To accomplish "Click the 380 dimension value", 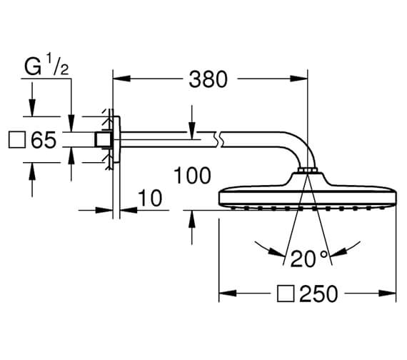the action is click(x=208, y=79).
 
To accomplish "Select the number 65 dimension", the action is click(x=44, y=140).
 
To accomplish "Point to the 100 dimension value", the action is click(x=192, y=176).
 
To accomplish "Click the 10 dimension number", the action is click(x=150, y=198).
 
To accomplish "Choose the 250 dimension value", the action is click(x=318, y=294).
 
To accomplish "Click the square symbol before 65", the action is click(x=17, y=140).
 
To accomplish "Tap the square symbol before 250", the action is click(x=286, y=294).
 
